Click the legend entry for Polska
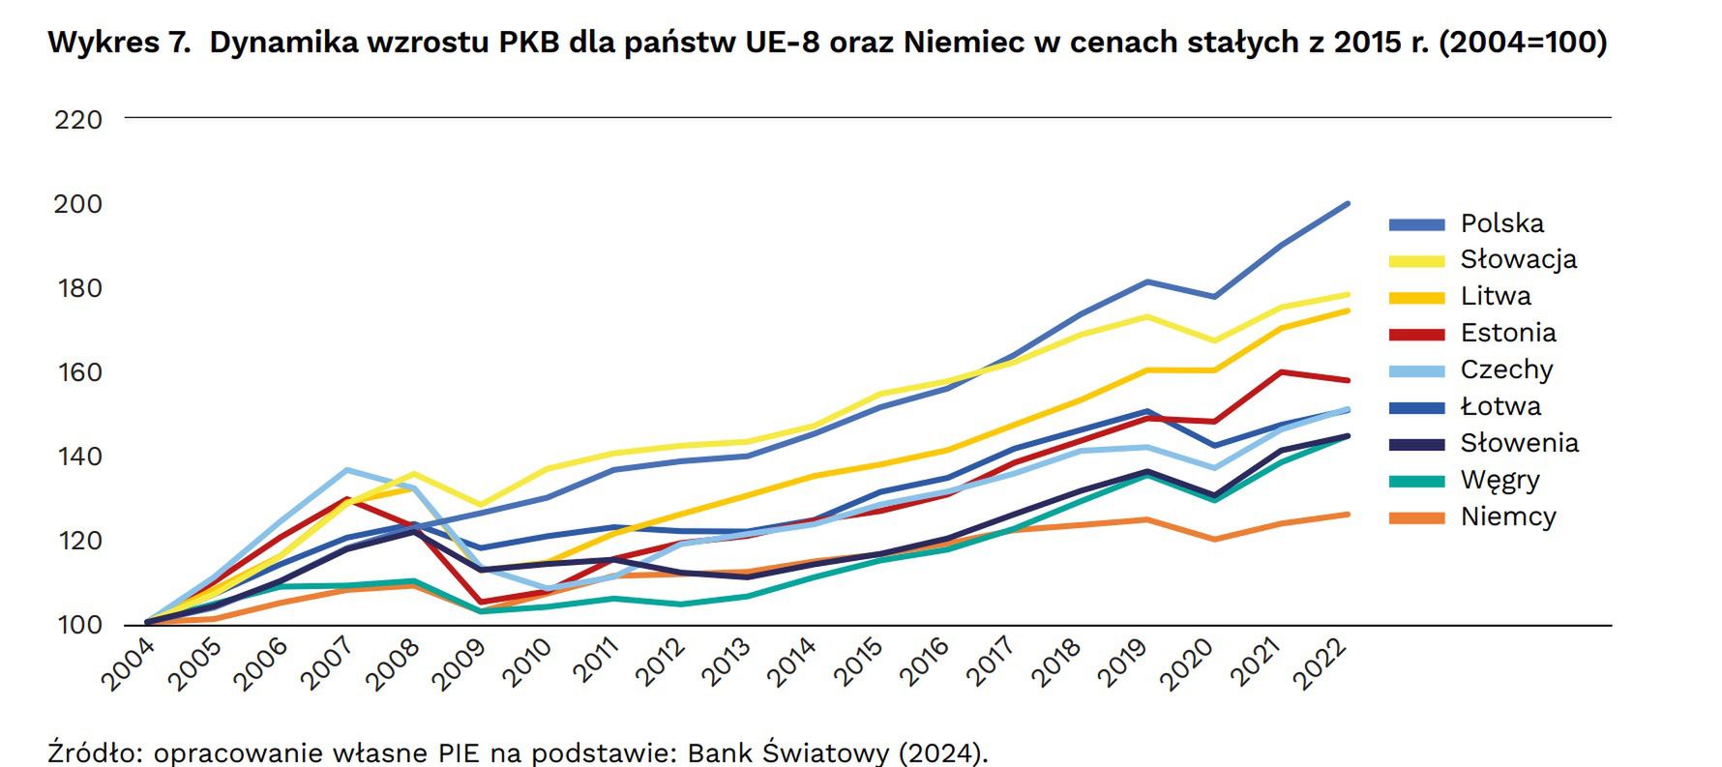point(1501,223)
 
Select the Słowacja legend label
point(1518,259)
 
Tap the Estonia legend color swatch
point(1416,334)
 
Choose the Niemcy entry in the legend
point(1507,516)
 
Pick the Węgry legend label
point(1499,480)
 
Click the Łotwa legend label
point(1500,406)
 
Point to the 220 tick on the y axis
point(78,120)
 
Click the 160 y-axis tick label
point(78,372)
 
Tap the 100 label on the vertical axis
point(78,625)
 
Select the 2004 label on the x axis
point(127,664)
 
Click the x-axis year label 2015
point(860,664)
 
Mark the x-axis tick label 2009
point(460,664)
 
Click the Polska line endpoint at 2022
point(1348,204)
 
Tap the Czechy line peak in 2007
point(347,470)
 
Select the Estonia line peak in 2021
point(1281,372)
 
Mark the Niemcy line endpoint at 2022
point(1348,514)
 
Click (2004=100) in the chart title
point(1523,43)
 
